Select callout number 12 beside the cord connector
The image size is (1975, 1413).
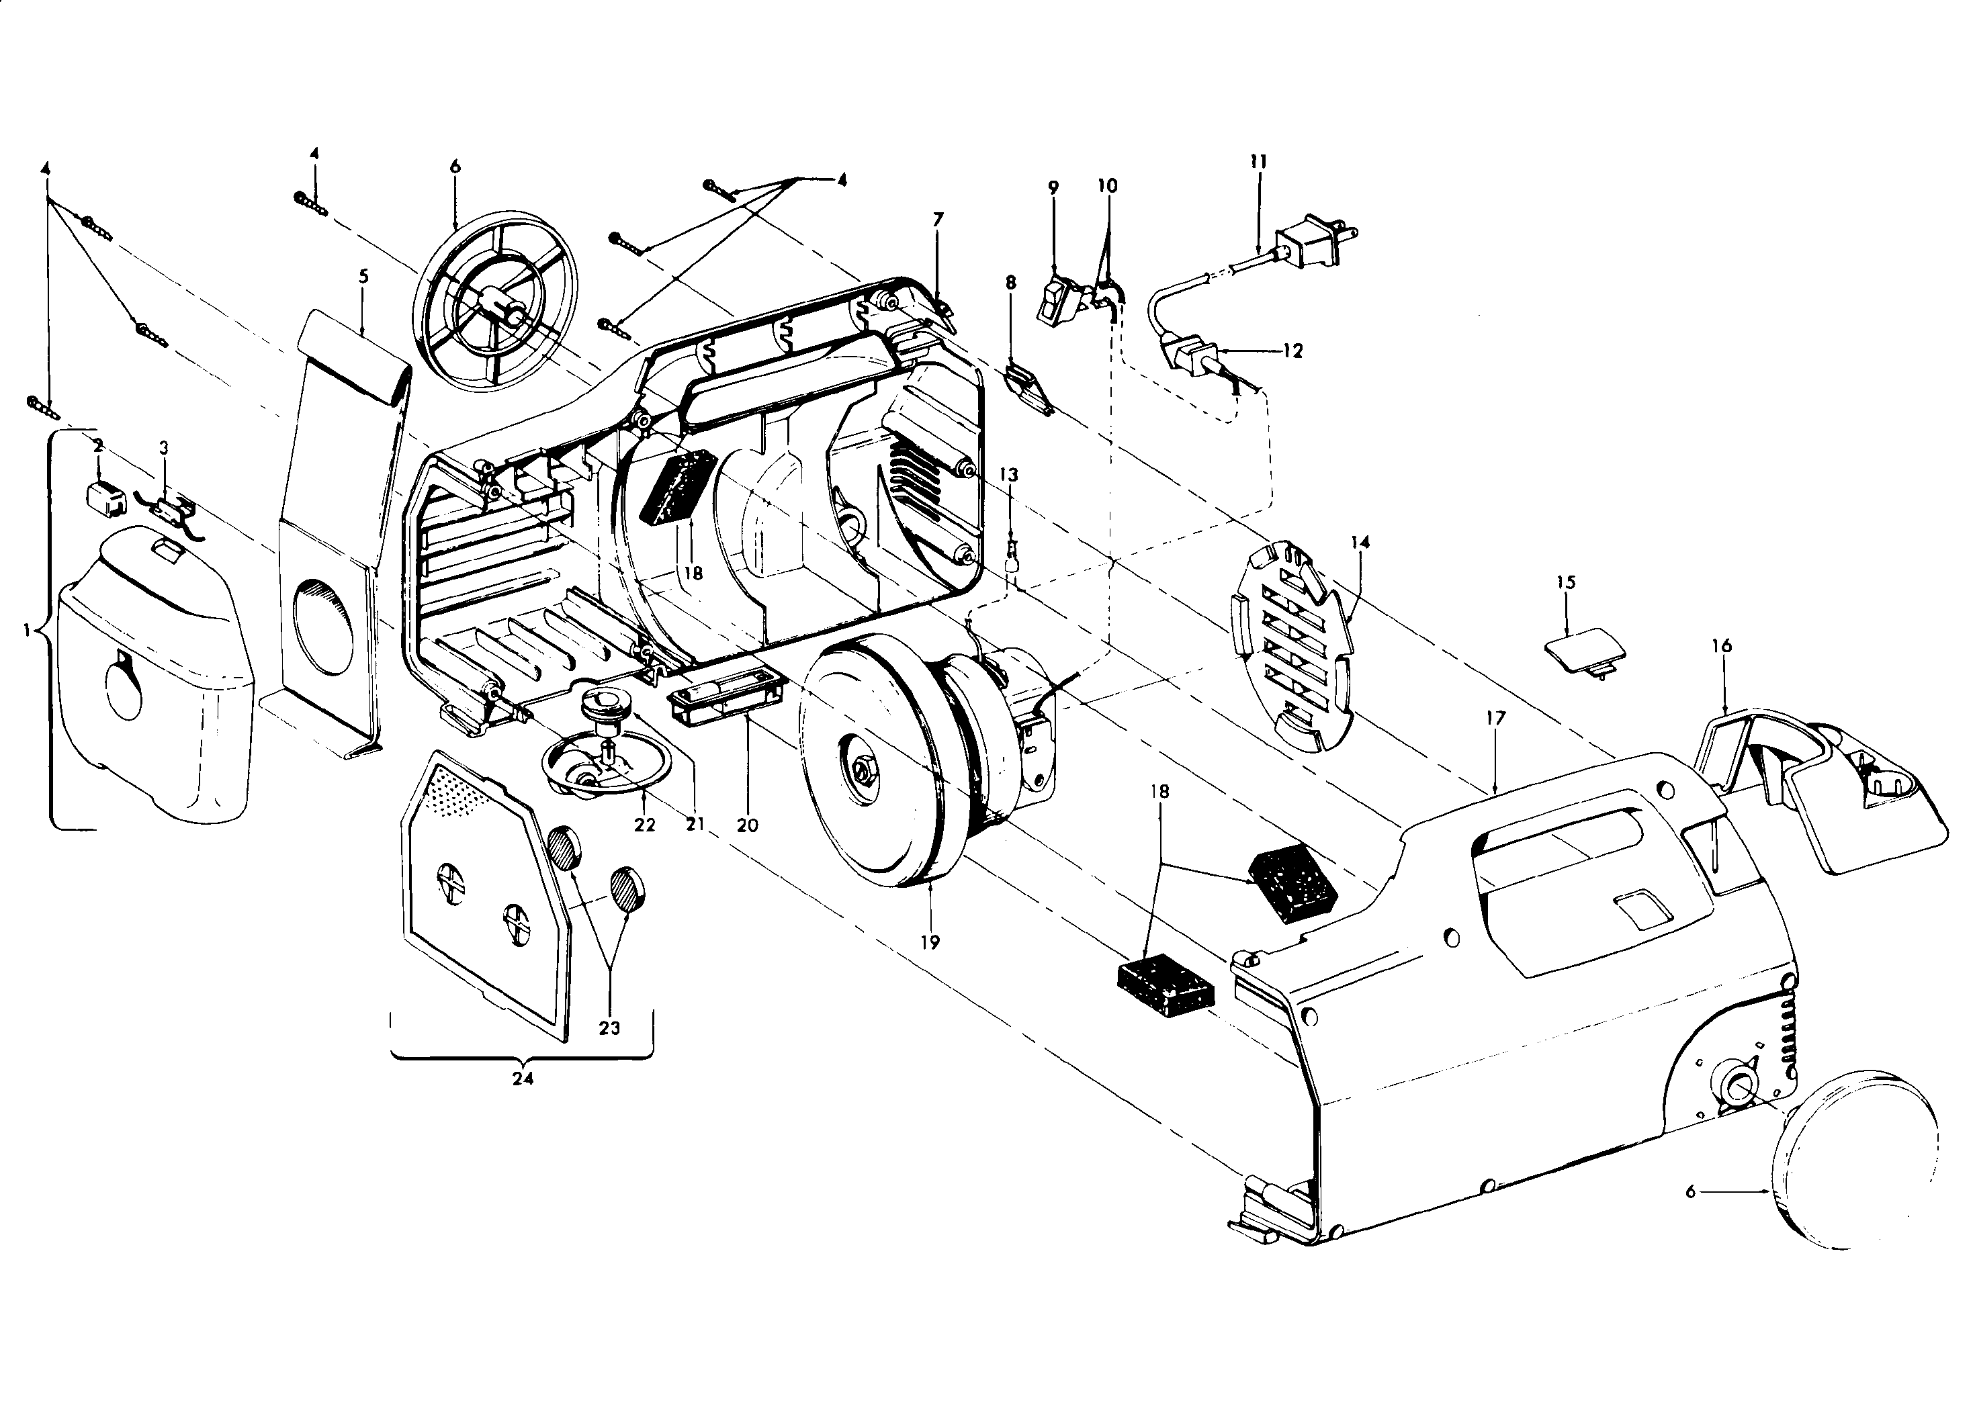click(1292, 351)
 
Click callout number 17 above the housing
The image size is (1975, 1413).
click(1495, 719)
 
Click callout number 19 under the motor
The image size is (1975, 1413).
click(930, 942)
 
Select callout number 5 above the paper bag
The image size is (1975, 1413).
click(364, 277)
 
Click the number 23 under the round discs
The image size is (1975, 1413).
click(609, 1028)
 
